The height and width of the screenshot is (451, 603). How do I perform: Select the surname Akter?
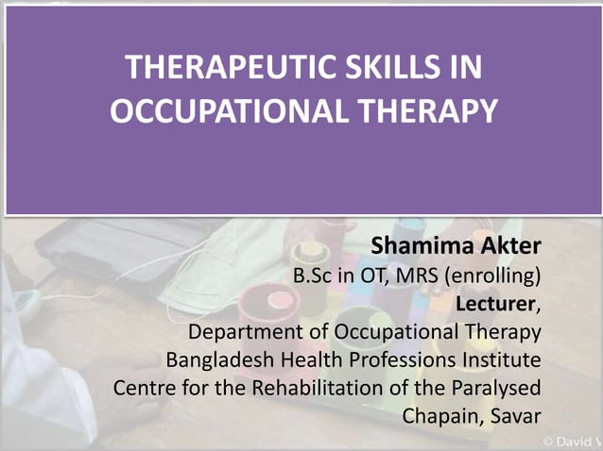(508, 247)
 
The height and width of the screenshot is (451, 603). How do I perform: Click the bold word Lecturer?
(495, 304)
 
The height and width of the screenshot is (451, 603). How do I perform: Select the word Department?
(242, 332)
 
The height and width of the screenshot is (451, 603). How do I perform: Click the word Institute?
(500, 359)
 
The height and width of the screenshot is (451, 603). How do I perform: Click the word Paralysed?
(497, 388)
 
